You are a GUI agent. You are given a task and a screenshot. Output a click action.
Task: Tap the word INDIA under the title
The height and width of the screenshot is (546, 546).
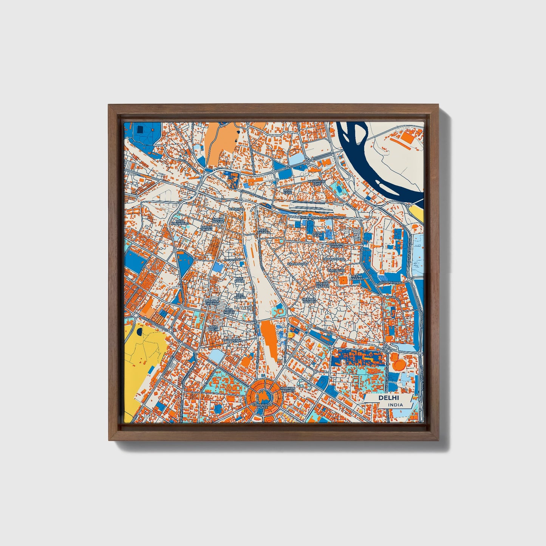[395, 405]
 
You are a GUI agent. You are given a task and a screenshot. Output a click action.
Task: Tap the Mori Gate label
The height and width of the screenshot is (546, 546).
[288, 191]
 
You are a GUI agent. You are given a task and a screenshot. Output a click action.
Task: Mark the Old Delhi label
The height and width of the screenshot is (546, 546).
[318, 234]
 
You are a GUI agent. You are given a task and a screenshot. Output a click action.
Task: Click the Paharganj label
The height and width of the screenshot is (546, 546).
[232, 340]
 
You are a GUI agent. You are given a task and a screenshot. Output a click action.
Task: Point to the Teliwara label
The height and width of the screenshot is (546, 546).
[237, 209]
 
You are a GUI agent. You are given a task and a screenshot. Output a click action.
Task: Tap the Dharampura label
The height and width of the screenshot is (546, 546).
[334, 260]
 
